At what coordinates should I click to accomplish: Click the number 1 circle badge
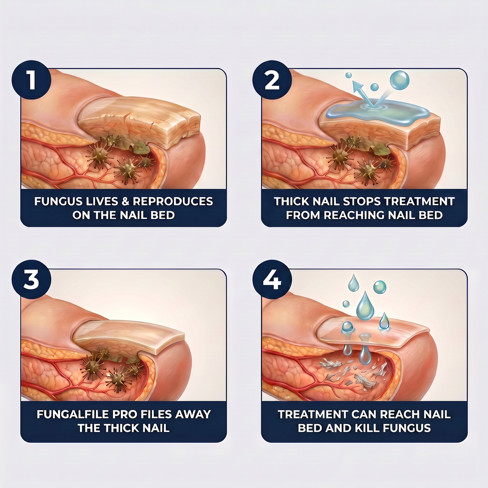point(31,80)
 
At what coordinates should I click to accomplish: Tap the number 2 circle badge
point(272,80)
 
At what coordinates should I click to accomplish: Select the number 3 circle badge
point(31,279)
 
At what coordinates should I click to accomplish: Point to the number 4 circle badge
point(272,279)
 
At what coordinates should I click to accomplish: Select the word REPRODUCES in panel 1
point(173,201)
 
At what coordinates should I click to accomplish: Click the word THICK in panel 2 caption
point(292,201)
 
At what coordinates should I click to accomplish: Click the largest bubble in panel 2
point(400,80)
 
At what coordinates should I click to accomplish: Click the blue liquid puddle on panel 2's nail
point(377,113)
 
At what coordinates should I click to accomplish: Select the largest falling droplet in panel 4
point(365,305)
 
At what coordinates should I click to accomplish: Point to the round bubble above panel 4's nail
point(379,287)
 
